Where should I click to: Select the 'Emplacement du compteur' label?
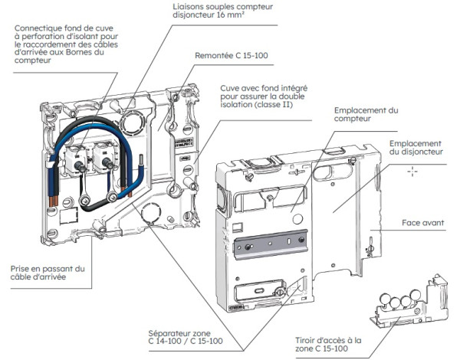pyautogui.click(x=366, y=115)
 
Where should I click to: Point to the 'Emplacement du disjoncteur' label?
pyautogui.click(x=414, y=148)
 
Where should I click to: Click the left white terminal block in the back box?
pyautogui.click(x=78, y=156)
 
